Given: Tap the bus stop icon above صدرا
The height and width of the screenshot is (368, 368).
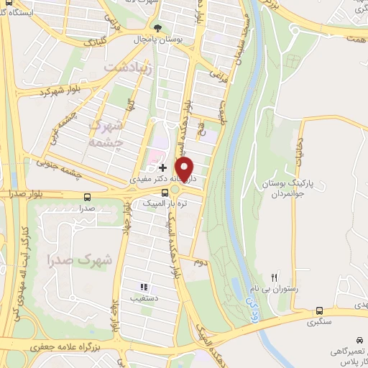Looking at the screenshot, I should tap(88, 196).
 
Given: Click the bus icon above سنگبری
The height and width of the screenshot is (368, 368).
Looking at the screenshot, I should tap(318, 310).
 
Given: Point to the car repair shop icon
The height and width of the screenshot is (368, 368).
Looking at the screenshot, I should tap(359, 339).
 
